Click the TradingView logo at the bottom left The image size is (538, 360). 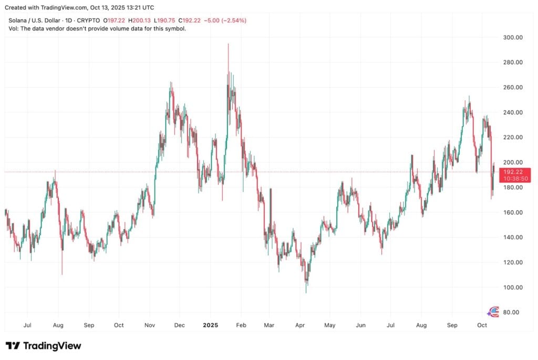click(44, 346)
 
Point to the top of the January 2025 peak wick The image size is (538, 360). click(228, 44)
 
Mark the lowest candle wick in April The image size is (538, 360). click(306, 293)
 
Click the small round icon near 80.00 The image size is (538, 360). click(493, 311)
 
